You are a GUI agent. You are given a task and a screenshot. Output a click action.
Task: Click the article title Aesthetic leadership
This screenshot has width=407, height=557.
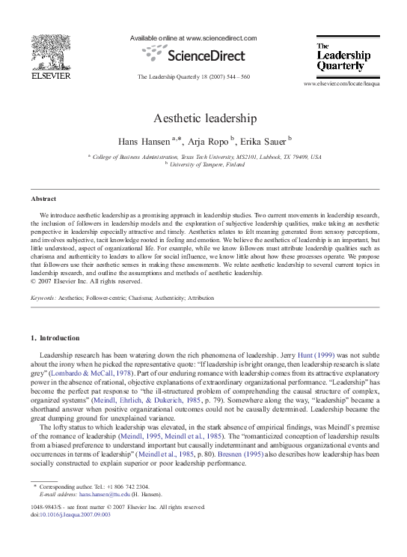pyautogui.click(x=203, y=118)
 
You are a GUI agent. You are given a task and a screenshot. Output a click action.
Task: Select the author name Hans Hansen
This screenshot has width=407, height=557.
pyautogui.click(x=143, y=141)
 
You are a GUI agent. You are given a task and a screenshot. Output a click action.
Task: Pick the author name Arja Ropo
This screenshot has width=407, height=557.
pyautogui.click(x=209, y=141)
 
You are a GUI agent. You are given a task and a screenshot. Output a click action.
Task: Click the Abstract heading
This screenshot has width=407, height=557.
pyautogui.click(x=43, y=199)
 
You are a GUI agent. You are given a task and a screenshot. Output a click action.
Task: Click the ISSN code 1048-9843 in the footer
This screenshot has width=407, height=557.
pyautogui.click(x=46, y=508)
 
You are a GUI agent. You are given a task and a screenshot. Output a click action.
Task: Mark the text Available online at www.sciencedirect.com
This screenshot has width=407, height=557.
pyautogui.click(x=193, y=38)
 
